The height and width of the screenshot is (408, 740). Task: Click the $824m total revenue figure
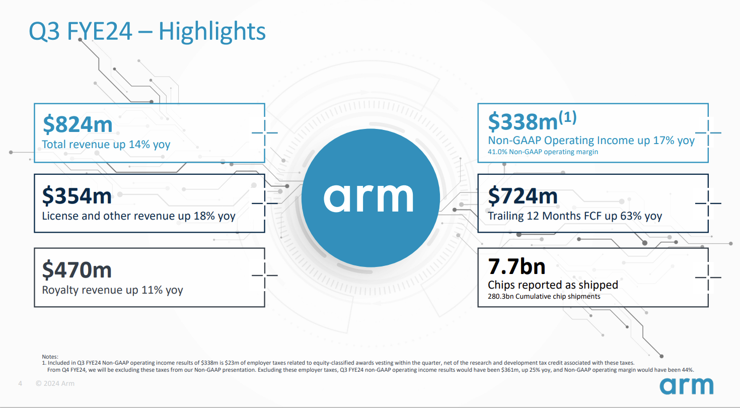click(77, 124)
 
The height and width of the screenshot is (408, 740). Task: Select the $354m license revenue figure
click(77, 195)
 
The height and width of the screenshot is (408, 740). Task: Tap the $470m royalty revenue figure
click(77, 270)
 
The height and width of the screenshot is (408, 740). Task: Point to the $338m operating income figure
click(522, 121)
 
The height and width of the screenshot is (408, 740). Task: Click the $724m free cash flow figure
click(523, 195)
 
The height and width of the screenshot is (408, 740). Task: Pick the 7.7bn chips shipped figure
click(516, 266)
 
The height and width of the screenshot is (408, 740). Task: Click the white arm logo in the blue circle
click(368, 197)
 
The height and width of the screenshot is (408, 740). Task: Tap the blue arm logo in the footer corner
click(687, 385)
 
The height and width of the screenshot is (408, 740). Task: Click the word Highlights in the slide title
click(212, 31)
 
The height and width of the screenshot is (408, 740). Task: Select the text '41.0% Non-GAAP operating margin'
click(543, 152)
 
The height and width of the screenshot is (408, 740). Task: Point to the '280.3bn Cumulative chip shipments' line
click(544, 297)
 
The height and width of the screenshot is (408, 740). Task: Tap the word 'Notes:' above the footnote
click(50, 357)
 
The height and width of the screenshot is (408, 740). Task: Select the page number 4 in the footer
click(20, 384)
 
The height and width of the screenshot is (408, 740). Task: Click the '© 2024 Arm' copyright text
click(55, 384)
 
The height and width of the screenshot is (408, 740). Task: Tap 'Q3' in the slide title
click(42, 31)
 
